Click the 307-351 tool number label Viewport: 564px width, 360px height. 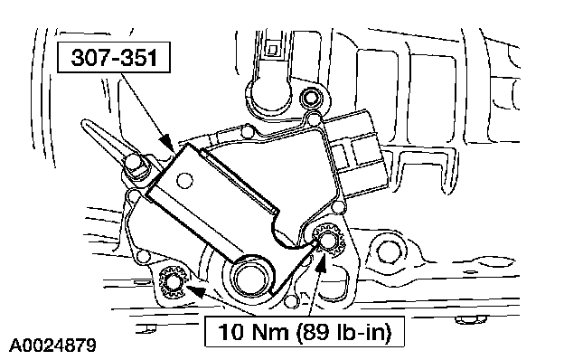114,58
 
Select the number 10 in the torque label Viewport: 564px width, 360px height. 230,332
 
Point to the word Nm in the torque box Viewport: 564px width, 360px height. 269,332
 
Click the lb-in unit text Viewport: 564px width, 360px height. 363,332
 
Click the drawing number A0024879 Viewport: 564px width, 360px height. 52,346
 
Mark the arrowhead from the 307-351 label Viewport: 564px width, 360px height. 167,141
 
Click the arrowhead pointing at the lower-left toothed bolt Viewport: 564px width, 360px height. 195,290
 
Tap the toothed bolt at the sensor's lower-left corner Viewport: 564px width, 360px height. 173,282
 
